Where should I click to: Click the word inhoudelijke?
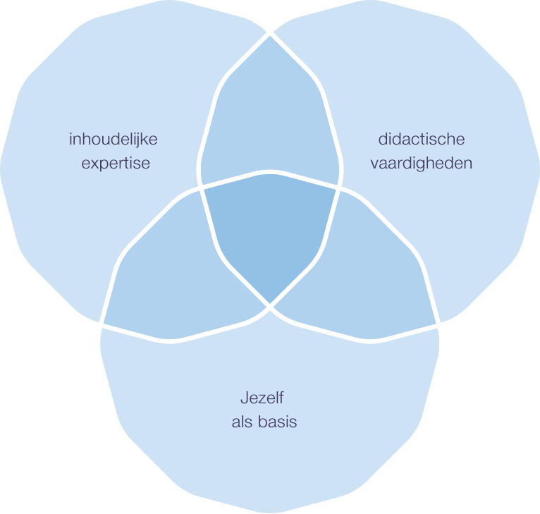pos(113,139)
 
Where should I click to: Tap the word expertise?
pos(116,163)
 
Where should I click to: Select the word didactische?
pos(422,139)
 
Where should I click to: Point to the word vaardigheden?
pos(421,163)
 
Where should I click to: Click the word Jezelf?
pos(262,398)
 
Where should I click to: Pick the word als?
pos(242,422)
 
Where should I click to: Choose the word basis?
pos(277,422)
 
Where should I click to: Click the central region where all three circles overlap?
pos(270,233)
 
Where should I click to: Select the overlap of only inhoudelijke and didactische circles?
pos(270,113)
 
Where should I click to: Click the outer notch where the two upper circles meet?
pos(270,32)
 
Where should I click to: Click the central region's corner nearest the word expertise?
pos(201,188)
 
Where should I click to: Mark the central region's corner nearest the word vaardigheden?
pos(340,188)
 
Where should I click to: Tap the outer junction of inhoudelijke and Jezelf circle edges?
pos(102,326)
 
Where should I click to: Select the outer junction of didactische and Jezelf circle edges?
pos(438,326)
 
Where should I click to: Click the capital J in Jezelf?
pos(244,398)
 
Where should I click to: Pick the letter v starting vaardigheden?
pos(374,164)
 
